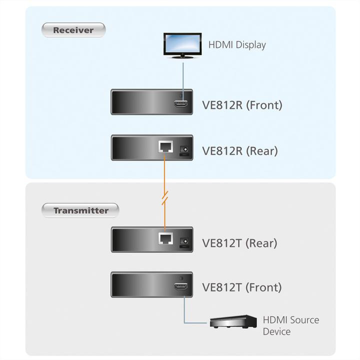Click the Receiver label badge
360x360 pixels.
point(73,30)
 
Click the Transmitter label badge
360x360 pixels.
point(80,210)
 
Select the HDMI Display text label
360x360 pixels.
point(237,45)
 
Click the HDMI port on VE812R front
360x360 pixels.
point(181,104)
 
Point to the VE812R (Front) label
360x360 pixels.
point(242,105)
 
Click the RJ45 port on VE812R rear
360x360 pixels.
point(165,147)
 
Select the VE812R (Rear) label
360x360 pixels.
point(239,150)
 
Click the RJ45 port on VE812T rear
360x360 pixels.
point(165,239)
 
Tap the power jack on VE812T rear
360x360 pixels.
point(184,241)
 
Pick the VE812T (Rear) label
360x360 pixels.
point(239,243)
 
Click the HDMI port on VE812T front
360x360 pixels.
point(181,286)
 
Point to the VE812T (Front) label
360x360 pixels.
point(241,287)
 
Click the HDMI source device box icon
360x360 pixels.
point(233,321)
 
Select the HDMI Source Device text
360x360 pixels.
point(290,325)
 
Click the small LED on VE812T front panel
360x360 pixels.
point(181,278)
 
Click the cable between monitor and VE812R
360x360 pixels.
point(182,75)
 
